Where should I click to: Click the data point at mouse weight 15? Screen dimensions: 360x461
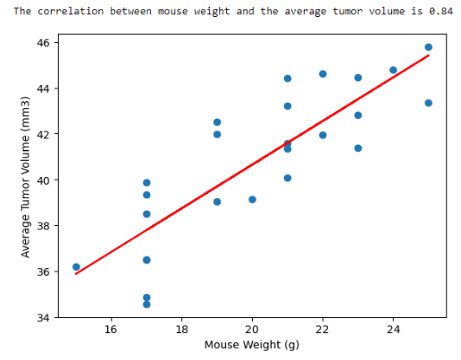[x=76, y=267]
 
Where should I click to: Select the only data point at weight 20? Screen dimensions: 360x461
[x=252, y=199]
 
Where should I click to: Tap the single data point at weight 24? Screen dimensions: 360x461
[x=393, y=70]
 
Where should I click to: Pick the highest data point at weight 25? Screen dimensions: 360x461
[x=428, y=47]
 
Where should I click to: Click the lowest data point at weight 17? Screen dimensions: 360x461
[x=147, y=305]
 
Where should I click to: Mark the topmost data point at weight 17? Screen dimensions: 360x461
[x=147, y=182]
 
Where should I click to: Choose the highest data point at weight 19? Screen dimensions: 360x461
[x=217, y=122]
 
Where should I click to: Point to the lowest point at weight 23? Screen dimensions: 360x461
[x=358, y=148]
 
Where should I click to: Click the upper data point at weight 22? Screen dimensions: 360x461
[x=323, y=74]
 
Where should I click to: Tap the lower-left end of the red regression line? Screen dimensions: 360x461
[x=77, y=273]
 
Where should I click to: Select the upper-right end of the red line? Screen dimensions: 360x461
[x=428, y=55]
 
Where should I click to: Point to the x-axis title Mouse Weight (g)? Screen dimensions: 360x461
[x=252, y=345]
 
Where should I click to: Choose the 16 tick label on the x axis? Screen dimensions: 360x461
[x=112, y=329]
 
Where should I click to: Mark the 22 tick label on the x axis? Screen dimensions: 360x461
[x=323, y=329]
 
